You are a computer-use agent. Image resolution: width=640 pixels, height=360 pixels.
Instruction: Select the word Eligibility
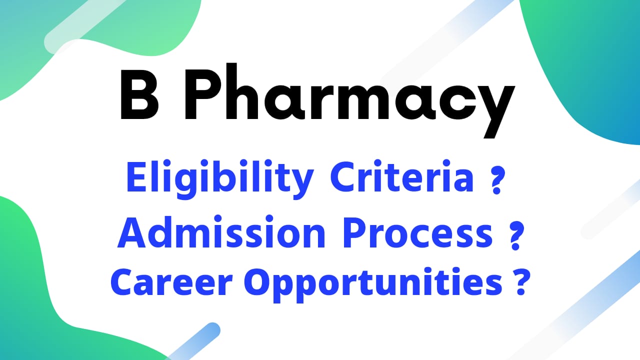tap(220, 178)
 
